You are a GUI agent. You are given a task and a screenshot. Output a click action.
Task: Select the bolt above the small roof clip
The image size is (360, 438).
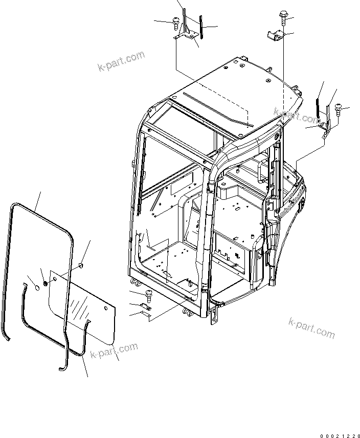(x=283, y=17)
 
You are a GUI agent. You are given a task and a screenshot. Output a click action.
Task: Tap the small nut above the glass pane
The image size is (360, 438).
(x=81, y=265)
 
